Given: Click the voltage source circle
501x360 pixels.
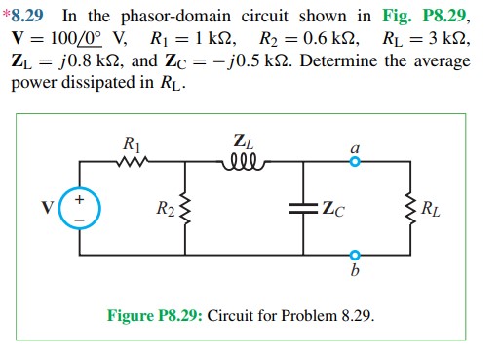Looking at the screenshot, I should point(81,208).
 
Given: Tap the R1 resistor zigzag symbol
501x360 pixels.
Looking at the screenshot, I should point(134,164).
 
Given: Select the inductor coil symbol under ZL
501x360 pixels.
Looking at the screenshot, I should point(243,163).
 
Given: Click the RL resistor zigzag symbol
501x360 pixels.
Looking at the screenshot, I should point(406,208).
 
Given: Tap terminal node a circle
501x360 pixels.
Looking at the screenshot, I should point(356,164).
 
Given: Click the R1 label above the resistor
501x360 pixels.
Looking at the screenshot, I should point(134,144).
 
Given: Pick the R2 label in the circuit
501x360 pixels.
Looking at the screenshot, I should point(163,208).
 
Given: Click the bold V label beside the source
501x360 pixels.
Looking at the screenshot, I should point(48,209).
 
